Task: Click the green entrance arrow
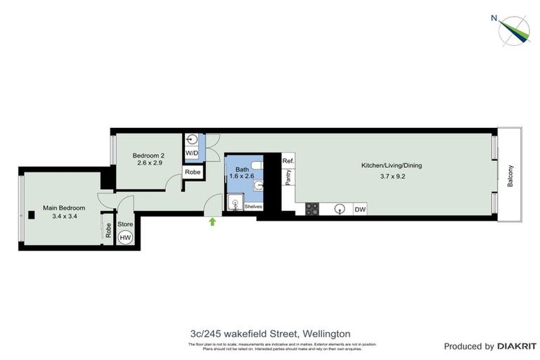click(213, 222)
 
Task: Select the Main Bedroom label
click(64, 208)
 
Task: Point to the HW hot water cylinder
click(125, 238)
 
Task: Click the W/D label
click(191, 153)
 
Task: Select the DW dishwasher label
click(359, 209)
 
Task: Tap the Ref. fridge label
click(288, 161)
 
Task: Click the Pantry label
click(288, 178)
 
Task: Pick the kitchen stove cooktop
click(312, 209)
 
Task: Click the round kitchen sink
click(339, 209)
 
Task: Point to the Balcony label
click(510, 175)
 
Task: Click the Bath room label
click(242, 169)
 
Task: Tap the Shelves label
click(253, 207)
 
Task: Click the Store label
click(125, 224)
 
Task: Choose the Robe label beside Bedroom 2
click(191, 172)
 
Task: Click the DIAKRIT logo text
click(517, 346)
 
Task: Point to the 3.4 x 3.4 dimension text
click(64, 217)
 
